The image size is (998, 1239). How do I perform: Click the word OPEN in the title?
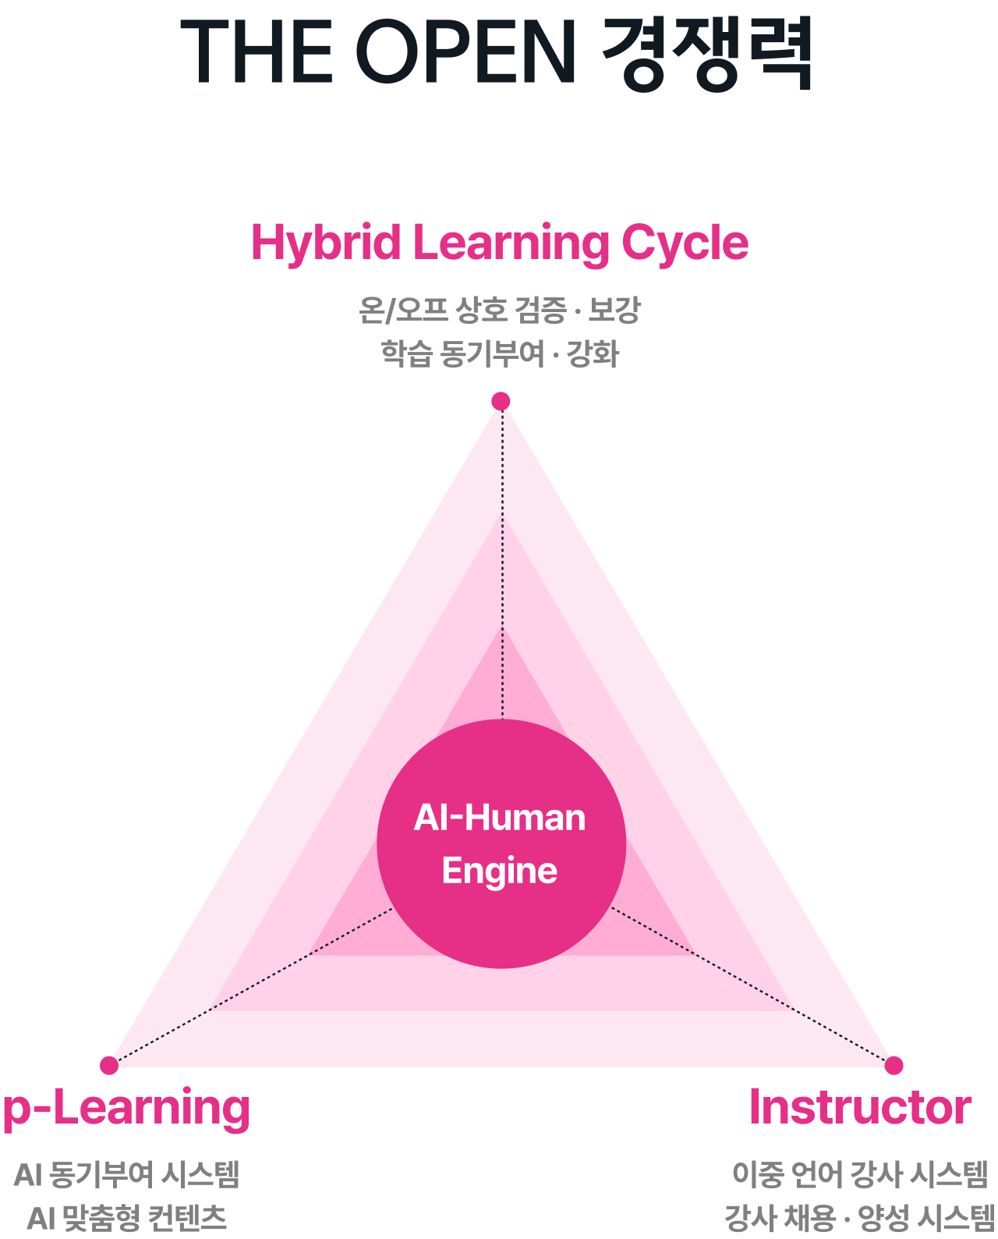465,51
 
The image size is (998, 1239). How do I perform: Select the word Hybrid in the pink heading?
326,243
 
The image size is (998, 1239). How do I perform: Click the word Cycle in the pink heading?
685,243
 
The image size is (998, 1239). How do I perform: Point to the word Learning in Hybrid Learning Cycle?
511,243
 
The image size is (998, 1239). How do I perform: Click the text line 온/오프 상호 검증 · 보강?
499,310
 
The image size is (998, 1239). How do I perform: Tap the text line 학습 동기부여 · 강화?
499,353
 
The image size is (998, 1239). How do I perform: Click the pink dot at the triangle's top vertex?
501,401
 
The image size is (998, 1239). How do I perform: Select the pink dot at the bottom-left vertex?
109,1065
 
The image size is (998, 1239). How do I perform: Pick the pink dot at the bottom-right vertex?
894,1065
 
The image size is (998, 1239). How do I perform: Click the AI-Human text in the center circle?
500,818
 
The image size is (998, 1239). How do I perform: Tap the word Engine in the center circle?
500,871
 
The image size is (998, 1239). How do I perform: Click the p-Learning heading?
126,1108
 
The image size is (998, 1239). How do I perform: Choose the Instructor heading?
860,1107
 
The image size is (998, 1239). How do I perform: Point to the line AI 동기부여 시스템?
126,1174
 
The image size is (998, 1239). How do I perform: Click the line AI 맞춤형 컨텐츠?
126,1218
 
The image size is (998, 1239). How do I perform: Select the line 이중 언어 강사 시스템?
860,1174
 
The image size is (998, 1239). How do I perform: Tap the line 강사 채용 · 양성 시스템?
860,1218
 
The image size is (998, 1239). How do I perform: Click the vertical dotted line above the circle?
503,562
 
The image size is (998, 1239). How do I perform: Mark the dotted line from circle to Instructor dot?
752,986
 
